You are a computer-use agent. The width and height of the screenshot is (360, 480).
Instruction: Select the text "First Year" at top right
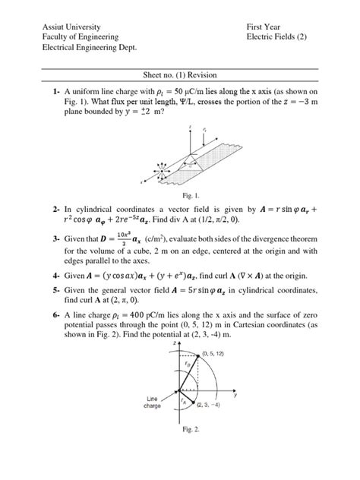[x=265, y=26]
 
